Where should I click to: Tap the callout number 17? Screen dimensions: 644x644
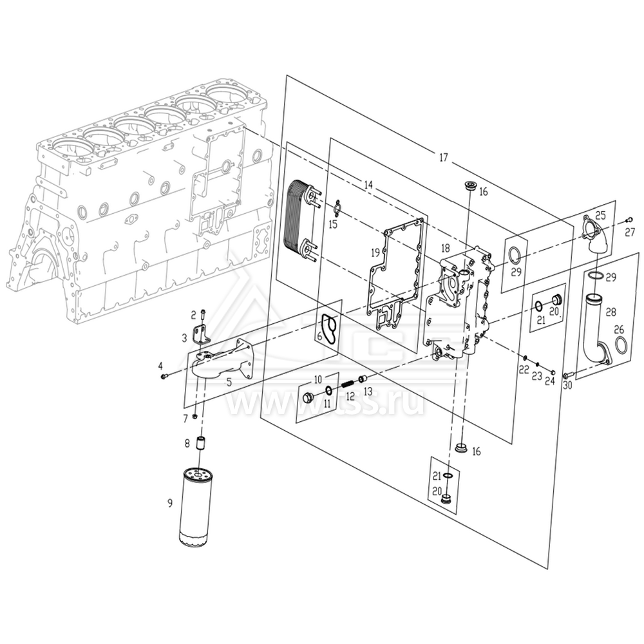(443, 157)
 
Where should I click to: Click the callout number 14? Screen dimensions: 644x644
(368, 185)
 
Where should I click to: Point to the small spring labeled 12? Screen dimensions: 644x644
(346, 384)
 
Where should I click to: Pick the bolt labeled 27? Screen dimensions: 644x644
(631, 220)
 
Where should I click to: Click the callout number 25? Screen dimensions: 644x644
(600, 214)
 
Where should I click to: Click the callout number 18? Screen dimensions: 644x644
(444, 249)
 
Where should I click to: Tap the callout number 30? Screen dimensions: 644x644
(567, 386)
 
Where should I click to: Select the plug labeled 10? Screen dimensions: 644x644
(308, 397)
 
